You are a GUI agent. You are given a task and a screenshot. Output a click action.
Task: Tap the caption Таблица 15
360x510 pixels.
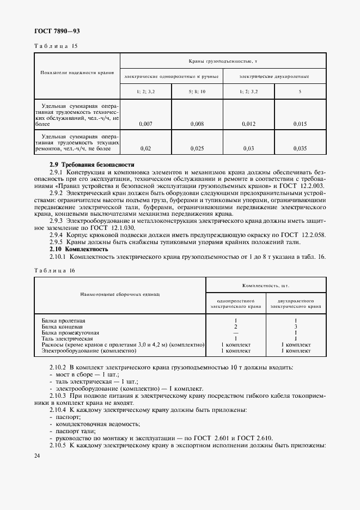[x=56, y=46]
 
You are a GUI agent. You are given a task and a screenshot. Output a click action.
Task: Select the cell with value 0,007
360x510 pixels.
[x=145, y=124]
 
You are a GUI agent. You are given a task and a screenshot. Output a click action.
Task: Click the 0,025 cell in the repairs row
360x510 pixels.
[x=197, y=148]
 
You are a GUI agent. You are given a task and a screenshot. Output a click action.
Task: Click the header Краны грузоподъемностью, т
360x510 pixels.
[x=223, y=62]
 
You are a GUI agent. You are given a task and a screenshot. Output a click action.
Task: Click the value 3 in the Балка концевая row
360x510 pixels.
[x=295, y=326]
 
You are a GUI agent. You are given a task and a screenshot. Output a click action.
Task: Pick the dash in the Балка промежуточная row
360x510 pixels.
[x=235, y=332]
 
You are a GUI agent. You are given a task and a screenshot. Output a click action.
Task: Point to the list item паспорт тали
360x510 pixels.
[x=71, y=430]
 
